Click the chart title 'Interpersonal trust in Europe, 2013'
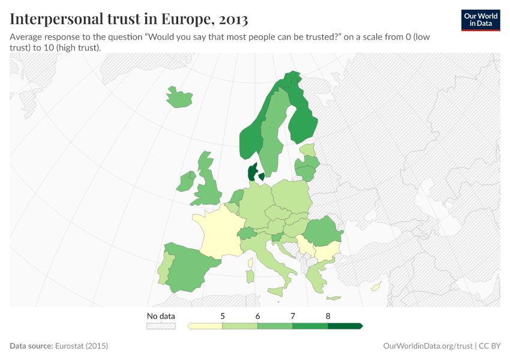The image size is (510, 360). (129, 19)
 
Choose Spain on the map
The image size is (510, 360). (192, 270)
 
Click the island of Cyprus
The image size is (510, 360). (376, 287)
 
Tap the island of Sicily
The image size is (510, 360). (275, 292)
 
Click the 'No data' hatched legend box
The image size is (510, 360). (161, 326)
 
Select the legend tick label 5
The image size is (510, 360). (223, 316)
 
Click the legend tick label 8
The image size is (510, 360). (328, 316)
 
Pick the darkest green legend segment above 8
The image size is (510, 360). (345, 326)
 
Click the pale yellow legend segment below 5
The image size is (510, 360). (205, 326)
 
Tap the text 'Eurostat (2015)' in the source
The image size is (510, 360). (81, 346)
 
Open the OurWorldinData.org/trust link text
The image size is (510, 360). (427, 346)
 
